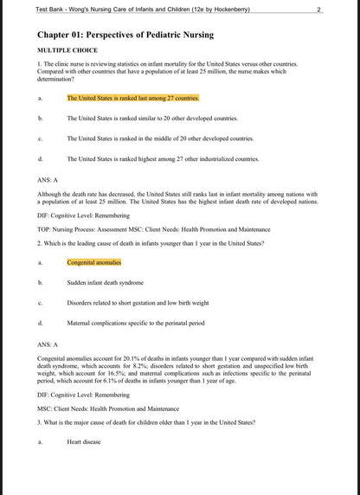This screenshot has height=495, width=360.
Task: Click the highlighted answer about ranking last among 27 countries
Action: pos(132,98)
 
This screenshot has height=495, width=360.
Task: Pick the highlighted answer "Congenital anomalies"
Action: pos(93,262)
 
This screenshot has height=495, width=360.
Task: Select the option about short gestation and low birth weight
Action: pos(138,303)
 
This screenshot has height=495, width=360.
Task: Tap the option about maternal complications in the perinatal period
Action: pos(135,323)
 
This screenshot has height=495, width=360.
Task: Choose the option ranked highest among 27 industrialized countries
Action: pos(163,159)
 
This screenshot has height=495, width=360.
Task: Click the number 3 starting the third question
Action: pos(39,421)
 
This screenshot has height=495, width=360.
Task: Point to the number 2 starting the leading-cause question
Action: pos(39,243)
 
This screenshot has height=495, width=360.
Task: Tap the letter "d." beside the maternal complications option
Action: pos(40,323)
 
